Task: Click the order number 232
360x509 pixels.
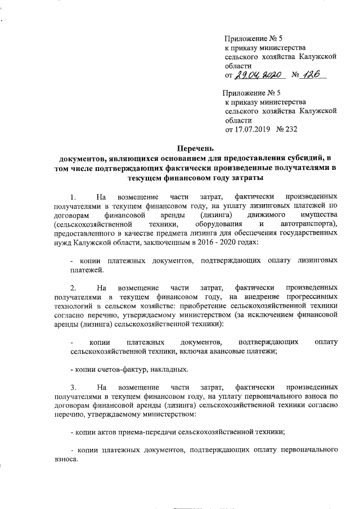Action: pos(290,129)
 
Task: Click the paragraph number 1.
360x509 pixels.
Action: pos(73,197)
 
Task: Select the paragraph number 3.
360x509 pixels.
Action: pos(73,388)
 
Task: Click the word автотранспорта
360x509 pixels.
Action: pos(307,225)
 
